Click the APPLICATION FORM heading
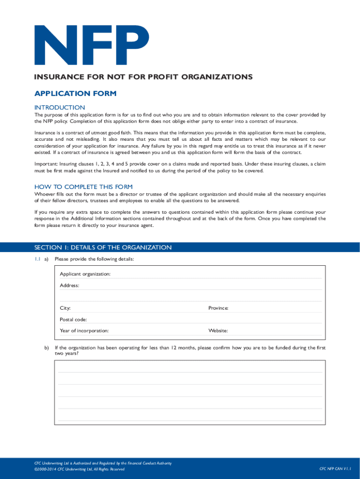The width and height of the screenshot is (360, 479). coord(75,94)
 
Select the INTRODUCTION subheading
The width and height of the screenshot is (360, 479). coord(59,108)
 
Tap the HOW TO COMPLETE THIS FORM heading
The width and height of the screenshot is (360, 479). coord(83,187)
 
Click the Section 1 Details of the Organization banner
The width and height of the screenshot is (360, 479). coord(103,247)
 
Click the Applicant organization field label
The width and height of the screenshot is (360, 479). coord(85,274)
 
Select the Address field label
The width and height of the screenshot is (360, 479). coord(69,285)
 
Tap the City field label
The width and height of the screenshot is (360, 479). coord(65,308)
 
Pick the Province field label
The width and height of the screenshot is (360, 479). coord(218,308)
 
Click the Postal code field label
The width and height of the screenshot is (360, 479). coord(73,319)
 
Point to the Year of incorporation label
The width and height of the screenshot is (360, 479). coord(84,331)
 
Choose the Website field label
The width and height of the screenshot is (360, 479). coord(218,331)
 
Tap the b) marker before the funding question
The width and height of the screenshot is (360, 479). coord(47,348)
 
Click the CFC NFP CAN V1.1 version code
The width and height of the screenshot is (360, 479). coord(335,469)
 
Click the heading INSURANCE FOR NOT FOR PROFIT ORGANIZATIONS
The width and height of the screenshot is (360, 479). coord(142,77)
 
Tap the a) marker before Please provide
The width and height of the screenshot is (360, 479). coord(46,259)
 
